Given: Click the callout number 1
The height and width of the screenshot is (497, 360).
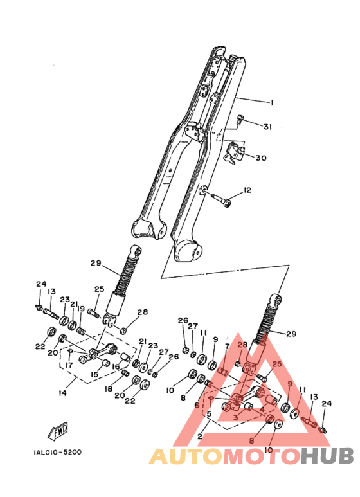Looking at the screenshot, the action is (x=271, y=102).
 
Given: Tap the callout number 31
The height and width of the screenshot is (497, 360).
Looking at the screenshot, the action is (x=268, y=127).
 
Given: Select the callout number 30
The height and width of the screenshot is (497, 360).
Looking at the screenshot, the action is (x=261, y=158).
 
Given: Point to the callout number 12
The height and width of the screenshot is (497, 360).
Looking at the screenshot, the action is (x=248, y=190).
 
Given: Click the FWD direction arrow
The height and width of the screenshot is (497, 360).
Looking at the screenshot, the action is (x=59, y=431).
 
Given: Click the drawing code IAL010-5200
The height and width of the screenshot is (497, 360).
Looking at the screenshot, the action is (x=57, y=452).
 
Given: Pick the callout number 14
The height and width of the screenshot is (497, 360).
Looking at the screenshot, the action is (x=63, y=393).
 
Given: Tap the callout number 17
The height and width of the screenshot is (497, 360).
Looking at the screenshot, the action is (x=69, y=365).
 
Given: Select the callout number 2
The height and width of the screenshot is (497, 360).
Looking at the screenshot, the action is (x=200, y=437).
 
